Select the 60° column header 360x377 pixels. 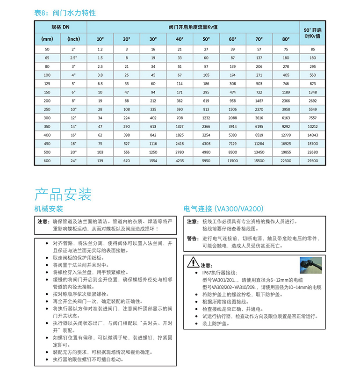click(233, 39)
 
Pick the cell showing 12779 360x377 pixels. click(286, 135)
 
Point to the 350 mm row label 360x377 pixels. click(47, 126)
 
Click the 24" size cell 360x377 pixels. click(73, 161)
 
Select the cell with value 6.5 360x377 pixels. click(100, 83)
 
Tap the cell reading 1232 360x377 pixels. click(206, 118)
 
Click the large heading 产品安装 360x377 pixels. click(63, 194)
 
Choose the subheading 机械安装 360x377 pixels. click(49, 209)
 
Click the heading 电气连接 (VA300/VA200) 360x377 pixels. click(224, 209)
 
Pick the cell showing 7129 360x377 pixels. click(233, 144)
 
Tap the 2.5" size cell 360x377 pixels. click(73, 58)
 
